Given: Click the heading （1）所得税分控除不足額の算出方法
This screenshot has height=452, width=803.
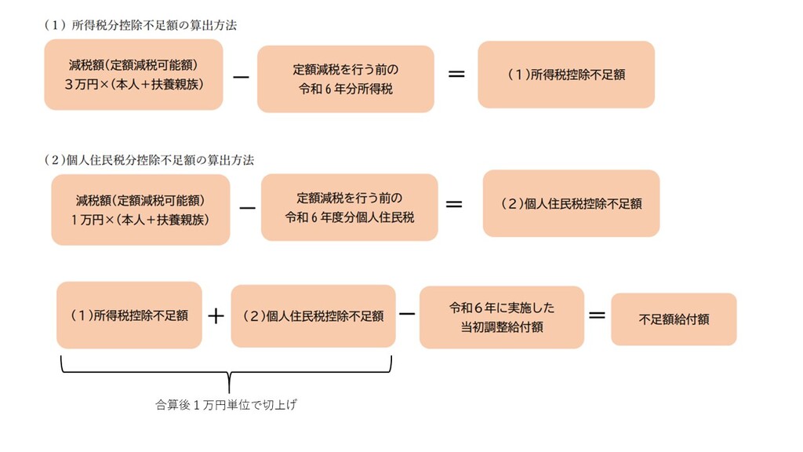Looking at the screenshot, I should click(140, 25).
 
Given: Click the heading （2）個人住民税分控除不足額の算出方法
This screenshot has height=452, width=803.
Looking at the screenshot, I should click(149, 159).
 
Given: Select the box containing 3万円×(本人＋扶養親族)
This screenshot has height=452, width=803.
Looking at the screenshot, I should click(134, 75).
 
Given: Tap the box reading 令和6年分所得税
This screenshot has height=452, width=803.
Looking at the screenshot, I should click(345, 79).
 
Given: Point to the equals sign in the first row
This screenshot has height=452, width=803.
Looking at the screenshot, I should click(456, 75).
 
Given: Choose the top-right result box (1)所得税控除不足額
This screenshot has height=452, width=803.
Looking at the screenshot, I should click(565, 75).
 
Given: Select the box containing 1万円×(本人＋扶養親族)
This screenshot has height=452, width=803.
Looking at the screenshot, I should click(140, 210).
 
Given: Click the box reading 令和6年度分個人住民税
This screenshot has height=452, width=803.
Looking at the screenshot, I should click(349, 208).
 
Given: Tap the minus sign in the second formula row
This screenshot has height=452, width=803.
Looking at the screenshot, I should click(246, 209).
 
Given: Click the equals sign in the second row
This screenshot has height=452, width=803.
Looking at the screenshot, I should click(453, 203).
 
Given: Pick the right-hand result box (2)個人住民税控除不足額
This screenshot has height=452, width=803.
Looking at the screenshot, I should click(571, 203).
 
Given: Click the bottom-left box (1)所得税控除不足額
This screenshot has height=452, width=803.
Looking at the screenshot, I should click(129, 315).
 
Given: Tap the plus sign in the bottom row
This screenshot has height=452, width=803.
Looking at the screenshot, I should click(216, 316).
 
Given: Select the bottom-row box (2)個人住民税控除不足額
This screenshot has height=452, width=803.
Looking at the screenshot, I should click(313, 316).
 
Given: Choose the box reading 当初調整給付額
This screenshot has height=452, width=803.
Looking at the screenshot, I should click(502, 317).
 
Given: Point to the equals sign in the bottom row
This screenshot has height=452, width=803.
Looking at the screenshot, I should click(597, 315).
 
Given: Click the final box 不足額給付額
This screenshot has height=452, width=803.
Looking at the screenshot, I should click(674, 319).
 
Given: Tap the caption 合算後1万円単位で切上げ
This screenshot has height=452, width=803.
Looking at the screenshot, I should click(227, 406).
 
